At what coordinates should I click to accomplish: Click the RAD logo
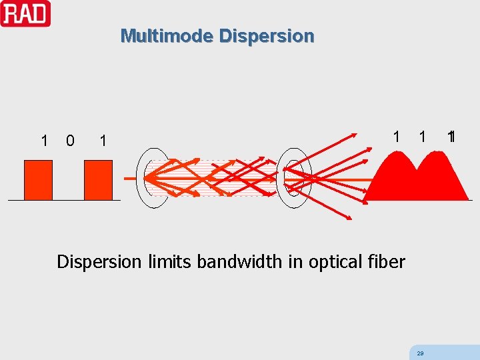coord(25,13)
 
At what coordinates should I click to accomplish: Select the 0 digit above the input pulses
coord(70,141)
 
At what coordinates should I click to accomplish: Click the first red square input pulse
coord(38,180)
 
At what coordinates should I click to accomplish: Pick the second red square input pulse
coord(98,180)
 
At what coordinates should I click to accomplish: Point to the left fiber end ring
coord(152,178)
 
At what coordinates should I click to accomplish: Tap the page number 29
coord(419,353)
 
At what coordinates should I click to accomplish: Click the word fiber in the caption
coord(387,262)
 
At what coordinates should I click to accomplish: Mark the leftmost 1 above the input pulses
coord(44,141)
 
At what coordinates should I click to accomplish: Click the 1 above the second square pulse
coord(102,141)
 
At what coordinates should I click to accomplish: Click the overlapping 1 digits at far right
coord(451,137)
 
